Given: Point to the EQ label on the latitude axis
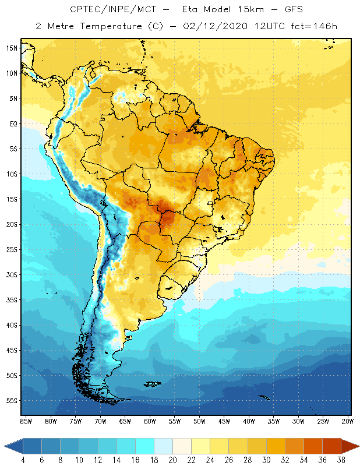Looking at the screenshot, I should (12, 123).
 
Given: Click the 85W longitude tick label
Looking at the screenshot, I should (26, 421).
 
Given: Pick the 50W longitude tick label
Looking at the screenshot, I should (199, 421).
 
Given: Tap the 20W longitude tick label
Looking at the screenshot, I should (348, 421).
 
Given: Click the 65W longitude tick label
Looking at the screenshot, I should (125, 421).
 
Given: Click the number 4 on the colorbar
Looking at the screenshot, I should (23, 460).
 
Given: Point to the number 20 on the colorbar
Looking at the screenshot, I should (173, 460).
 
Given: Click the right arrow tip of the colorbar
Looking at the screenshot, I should (357, 446).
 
